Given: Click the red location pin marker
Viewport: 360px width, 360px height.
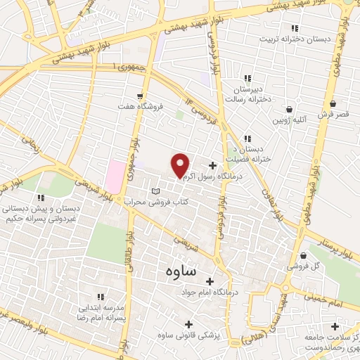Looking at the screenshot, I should coord(180,165).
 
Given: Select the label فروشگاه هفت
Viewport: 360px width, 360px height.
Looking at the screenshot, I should coord(140,106).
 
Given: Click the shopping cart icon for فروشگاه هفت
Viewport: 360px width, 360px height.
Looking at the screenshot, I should coord(141,96).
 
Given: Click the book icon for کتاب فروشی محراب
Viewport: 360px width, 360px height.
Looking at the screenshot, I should coord(156,191).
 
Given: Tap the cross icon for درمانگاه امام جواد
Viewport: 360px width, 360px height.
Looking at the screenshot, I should coord(208,281).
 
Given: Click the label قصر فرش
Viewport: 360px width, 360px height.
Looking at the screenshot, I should coord(333,113).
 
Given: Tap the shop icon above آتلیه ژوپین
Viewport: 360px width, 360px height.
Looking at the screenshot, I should coord(290,109).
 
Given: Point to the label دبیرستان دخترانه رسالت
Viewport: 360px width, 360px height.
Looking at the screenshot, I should coord(247,94).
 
